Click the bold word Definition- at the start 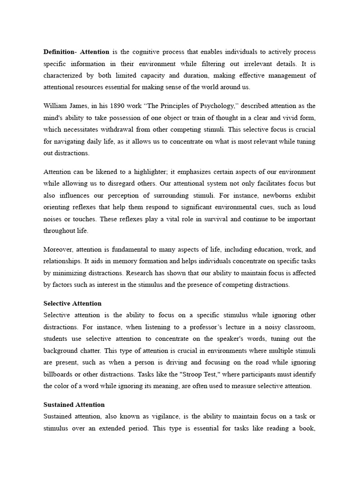(61, 52)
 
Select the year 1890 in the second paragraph (119, 106)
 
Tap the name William (56, 106)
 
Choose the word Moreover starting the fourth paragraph (58, 249)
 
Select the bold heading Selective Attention (72, 303)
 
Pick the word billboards (59, 374)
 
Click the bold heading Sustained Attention (74, 405)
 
